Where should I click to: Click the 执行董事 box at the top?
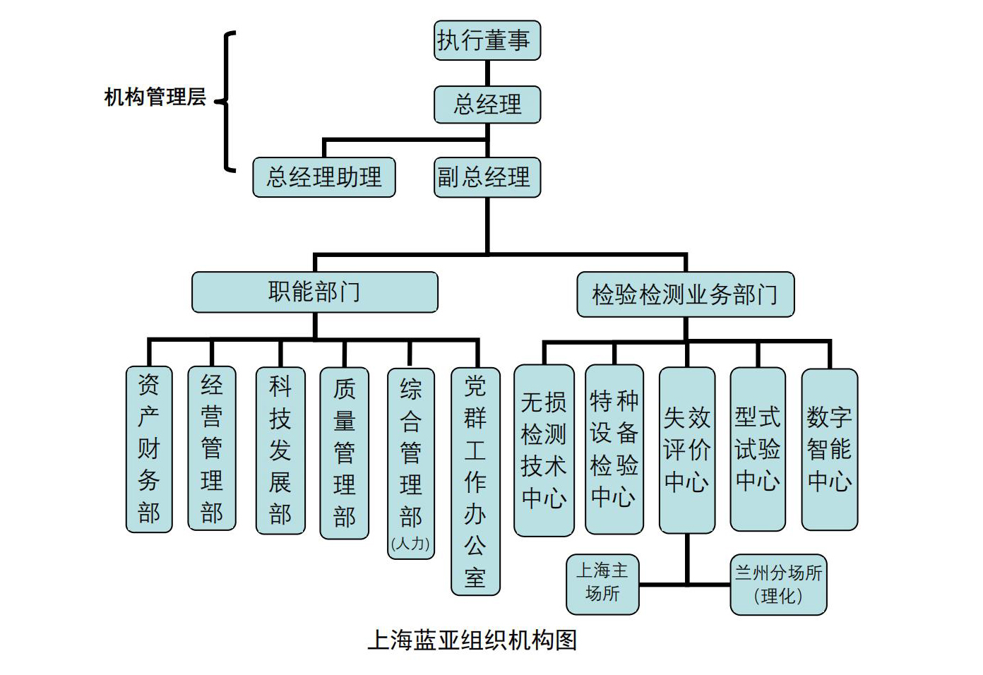(487, 40)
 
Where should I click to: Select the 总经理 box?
(487, 104)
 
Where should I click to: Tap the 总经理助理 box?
(324, 177)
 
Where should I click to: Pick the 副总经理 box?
(487, 177)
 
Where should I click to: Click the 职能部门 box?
(315, 292)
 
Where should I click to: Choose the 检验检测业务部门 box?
(685, 294)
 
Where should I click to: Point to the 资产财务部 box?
(149, 449)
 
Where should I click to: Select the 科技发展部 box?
(280, 450)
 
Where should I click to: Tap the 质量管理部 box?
(345, 453)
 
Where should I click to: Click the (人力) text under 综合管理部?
(410, 544)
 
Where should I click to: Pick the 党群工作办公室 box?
(475, 482)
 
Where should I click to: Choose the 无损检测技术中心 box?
(544, 450)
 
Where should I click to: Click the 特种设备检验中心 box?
(614, 449)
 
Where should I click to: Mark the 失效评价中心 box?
(687, 450)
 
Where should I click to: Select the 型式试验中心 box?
(758, 449)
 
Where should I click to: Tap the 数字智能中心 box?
(830, 449)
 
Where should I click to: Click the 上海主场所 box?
(602, 584)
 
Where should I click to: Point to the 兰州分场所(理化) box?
(778, 584)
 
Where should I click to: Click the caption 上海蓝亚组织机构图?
(472, 640)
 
